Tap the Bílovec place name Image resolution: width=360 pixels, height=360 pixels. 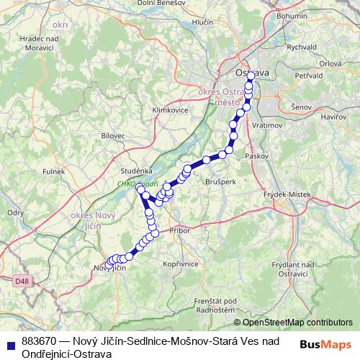coord(113,135)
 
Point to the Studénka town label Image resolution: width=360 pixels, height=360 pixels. coord(135,171)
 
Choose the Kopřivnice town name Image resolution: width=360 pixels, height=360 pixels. coord(181,264)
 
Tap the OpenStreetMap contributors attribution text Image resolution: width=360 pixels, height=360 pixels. coord(297,323)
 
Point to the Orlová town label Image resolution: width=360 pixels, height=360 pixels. coord(330,63)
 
